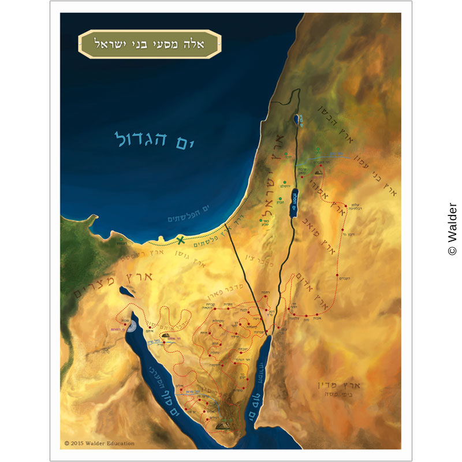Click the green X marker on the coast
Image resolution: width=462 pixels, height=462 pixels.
click(x=180, y=240)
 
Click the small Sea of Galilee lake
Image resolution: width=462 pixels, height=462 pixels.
click(x=296, y=120)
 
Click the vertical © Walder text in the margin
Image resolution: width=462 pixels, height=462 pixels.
click(x=452, y=229)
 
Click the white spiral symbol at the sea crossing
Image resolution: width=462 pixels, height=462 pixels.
click(x=132, y=327)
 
